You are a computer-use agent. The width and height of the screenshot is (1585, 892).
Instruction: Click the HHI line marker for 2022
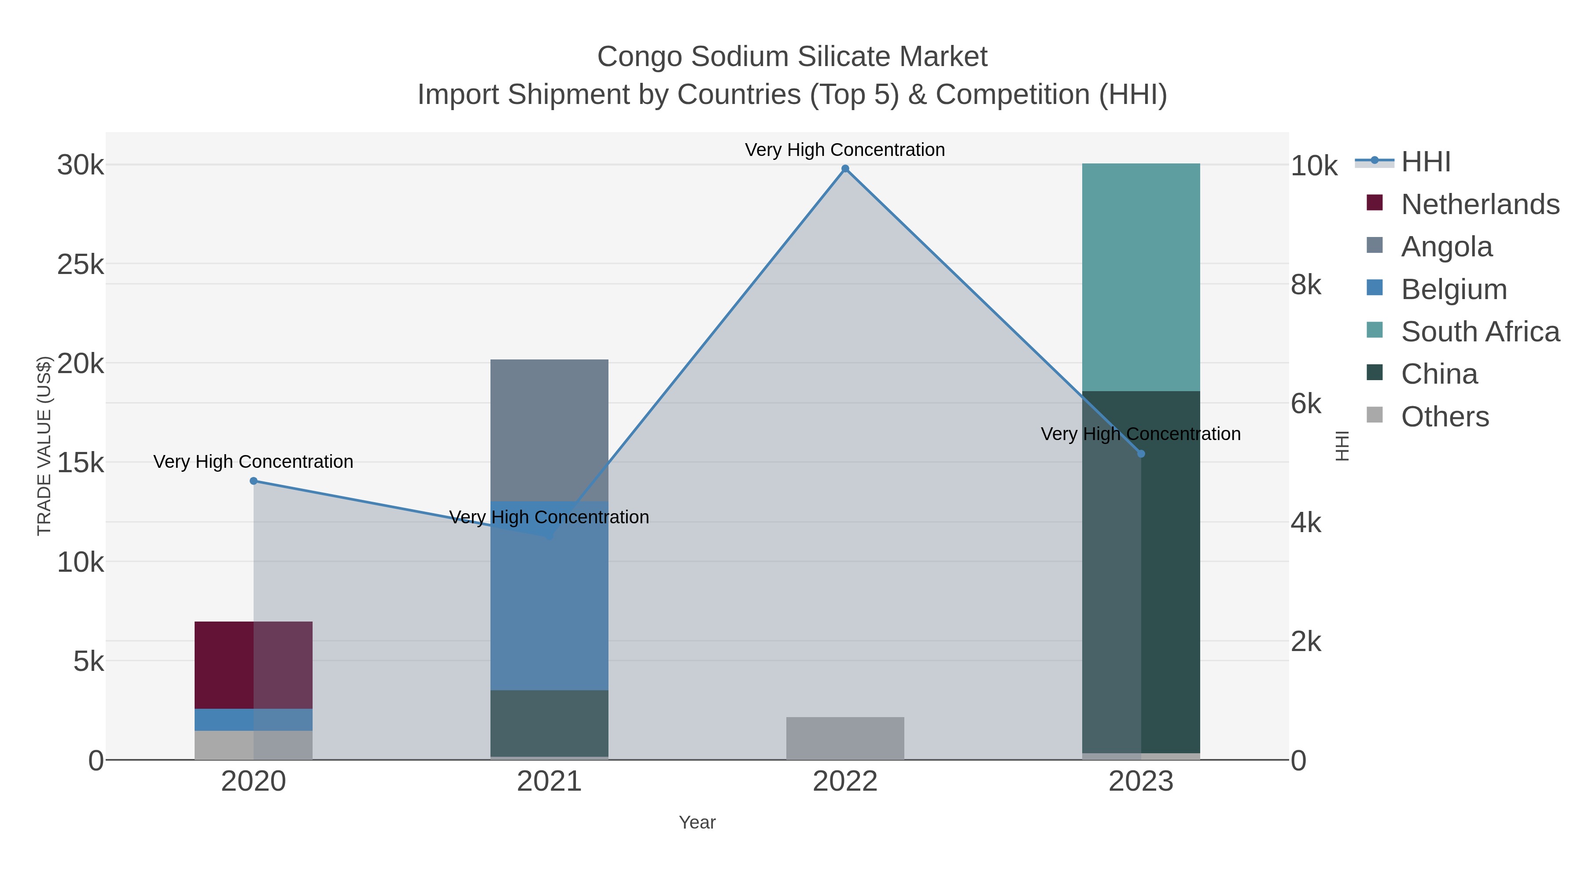(x=845, y=169)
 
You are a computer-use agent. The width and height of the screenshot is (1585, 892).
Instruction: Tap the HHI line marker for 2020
(x=254, y=481)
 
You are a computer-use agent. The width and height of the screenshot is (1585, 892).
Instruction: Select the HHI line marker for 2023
(x=1141, y=454)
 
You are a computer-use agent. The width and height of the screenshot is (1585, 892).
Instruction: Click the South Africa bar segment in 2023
(x=1141, y=277)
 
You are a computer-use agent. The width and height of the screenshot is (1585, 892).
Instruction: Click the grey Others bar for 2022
(x=845, y=738)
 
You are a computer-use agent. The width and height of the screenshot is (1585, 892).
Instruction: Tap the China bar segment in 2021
(x=549, y=723)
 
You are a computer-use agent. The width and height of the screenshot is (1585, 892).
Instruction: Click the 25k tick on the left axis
(x=81, y=265)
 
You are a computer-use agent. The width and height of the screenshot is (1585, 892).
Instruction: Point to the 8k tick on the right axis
(x=1306, y=285)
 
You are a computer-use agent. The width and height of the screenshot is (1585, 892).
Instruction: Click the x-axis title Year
(x=697, y=822)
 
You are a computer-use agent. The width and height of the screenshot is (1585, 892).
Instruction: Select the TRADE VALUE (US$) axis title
(x=44, y=446)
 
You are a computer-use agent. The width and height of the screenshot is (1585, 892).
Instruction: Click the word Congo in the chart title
(x=640, y=57)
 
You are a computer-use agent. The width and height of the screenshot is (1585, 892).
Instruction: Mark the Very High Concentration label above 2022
(x=845, y=150)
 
